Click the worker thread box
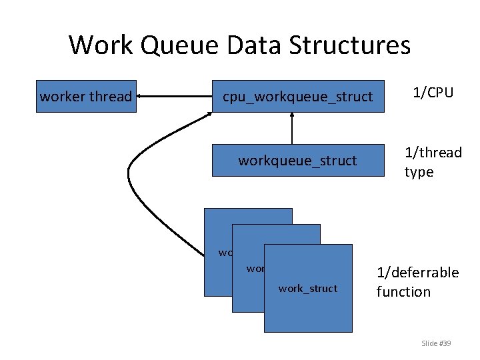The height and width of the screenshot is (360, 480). click(86, 97)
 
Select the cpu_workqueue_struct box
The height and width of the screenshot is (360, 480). click(297, 97)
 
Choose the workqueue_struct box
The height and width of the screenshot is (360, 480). click(297, 161)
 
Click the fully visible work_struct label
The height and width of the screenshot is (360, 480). click(308, 289)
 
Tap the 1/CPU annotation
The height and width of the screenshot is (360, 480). click(433, 93)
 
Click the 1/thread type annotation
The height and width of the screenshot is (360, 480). click(433, 162)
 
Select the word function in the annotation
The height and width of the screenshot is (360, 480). click(403, 292)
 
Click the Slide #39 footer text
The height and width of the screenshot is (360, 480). click(436, 343)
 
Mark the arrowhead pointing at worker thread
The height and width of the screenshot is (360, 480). click(142, 97)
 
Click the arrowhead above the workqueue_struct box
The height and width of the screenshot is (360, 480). click(291, 116)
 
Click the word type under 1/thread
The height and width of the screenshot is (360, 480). click(419, 172)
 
